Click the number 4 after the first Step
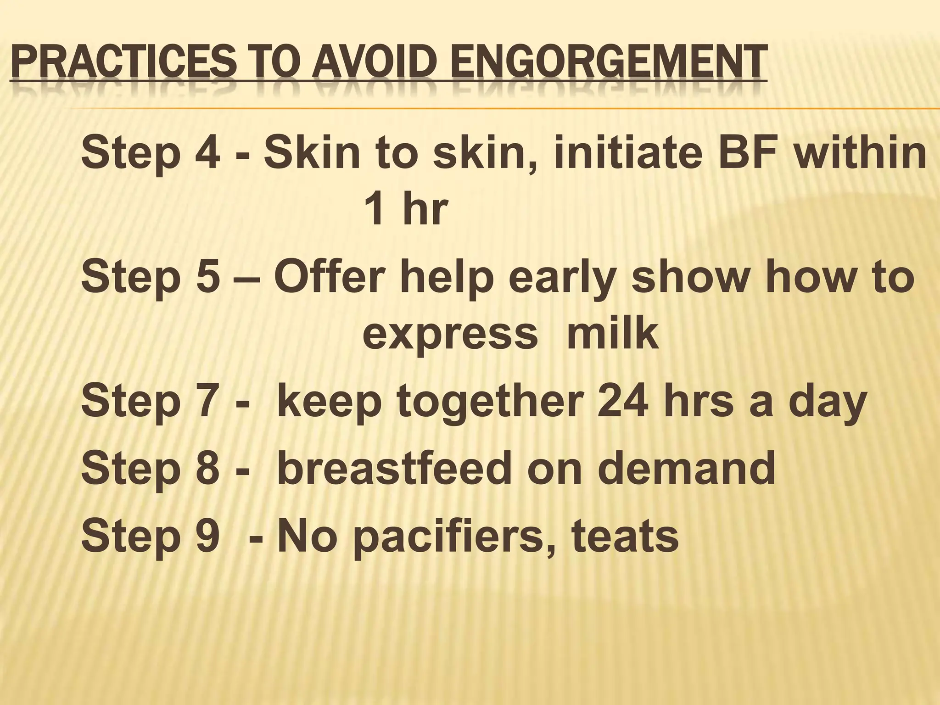coord(207,153)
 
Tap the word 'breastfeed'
coord(394,469)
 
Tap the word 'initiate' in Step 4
coord(627,153)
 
